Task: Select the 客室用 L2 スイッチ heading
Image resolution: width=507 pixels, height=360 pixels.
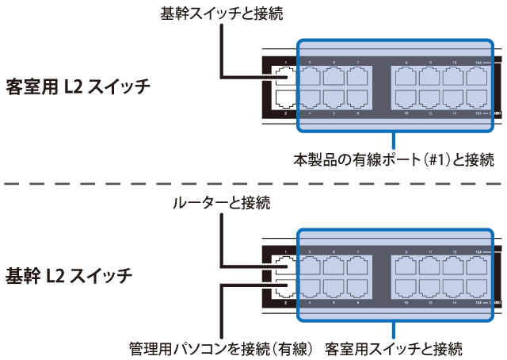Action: (x=78, y=86)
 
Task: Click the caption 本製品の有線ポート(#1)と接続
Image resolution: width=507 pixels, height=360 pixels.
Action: (x=394, y=159)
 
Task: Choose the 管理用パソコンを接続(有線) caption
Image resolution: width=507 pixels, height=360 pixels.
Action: (x=221, y=348)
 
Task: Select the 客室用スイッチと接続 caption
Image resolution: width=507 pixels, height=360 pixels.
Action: (x=393, y=348)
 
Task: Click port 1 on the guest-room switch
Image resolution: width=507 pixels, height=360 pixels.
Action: (x=285, y=77)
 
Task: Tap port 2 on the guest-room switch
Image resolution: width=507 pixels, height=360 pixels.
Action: (x=285, y=99)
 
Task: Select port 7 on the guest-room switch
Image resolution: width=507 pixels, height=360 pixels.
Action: (x=357, y=77)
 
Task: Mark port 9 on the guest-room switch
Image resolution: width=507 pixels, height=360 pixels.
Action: (x=407, y=77)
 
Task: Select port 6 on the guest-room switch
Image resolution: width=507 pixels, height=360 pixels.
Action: (x=334, y=99)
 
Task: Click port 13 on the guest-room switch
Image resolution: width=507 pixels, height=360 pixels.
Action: (x=454, y=77)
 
